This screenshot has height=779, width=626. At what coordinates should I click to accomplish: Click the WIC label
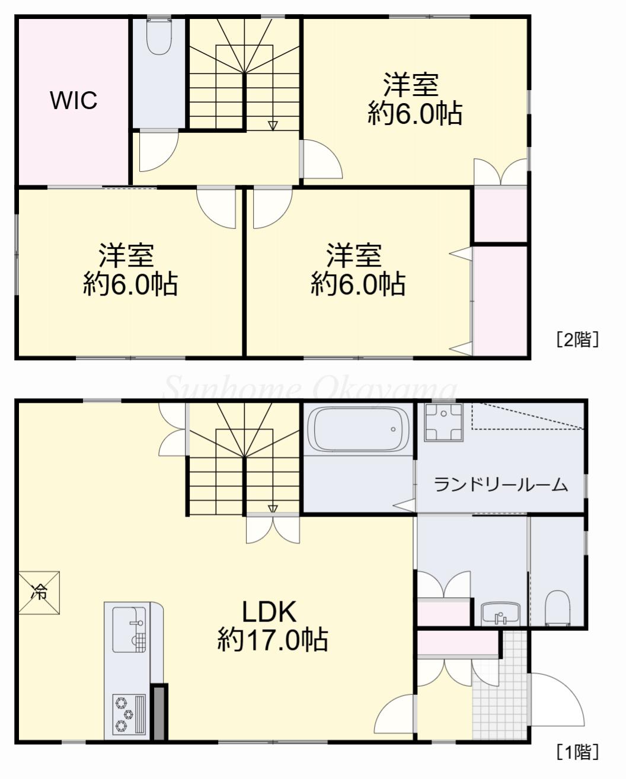point(74,100)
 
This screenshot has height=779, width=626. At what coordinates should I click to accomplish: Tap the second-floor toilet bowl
point(159,36)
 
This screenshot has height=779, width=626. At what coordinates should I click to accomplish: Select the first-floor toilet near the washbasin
point(557,609)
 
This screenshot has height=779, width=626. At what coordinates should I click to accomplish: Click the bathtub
point(358,429)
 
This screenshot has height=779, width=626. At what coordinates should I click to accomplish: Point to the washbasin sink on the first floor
point(501,614)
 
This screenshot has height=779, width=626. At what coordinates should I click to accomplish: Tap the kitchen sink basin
point(129,630)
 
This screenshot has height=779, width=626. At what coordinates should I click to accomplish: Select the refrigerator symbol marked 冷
point(39,592)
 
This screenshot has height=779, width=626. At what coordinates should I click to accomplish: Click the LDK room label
point(269,611)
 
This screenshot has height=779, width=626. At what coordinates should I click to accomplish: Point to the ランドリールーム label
point(500,485)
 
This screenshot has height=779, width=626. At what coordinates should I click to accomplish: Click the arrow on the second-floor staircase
point(273,125)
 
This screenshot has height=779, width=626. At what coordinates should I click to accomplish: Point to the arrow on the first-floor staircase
point(273,509)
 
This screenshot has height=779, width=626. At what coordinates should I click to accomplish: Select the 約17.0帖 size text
point(273,640)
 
